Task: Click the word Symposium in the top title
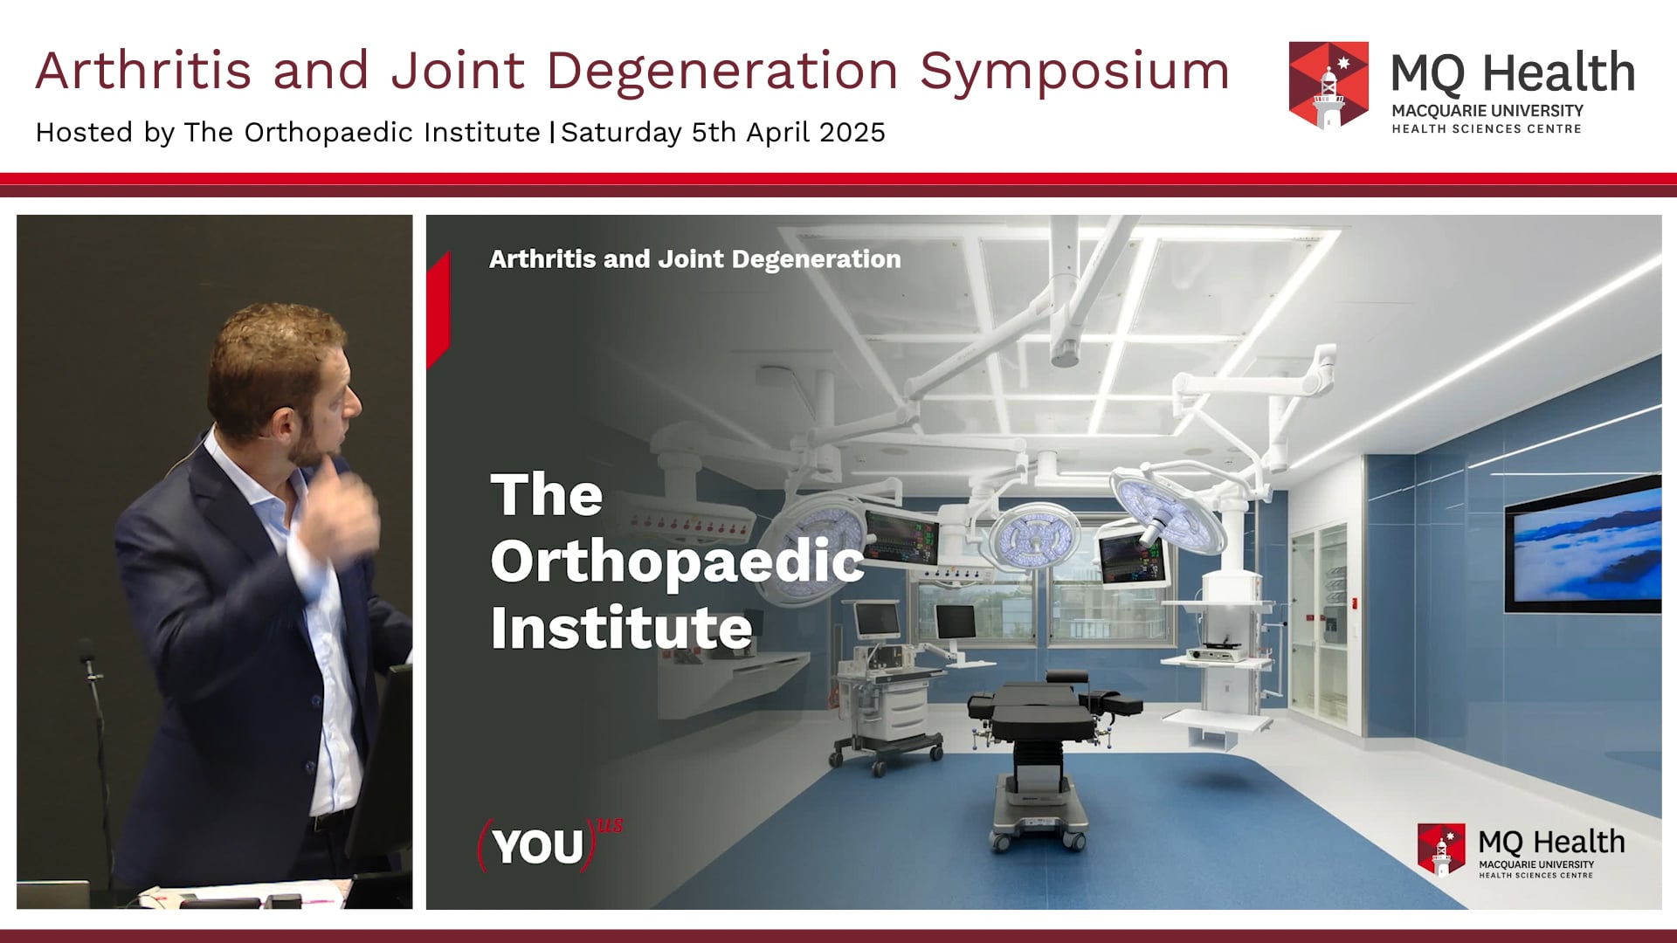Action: [x=1074, y=72]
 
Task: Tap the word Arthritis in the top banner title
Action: [x=142, y=70]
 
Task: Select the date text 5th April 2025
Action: [x=788, y=133]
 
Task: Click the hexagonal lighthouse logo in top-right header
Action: [x=1328, y=86]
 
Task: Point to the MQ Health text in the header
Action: [x=1512, y=73]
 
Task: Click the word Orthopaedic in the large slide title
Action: [x=677, y=561]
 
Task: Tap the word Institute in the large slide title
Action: [x=621, y=628]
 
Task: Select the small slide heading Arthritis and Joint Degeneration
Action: [x=694, y=259]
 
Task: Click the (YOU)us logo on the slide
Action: [x=549, y=845]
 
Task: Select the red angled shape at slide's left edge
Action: [x=438, y=310]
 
